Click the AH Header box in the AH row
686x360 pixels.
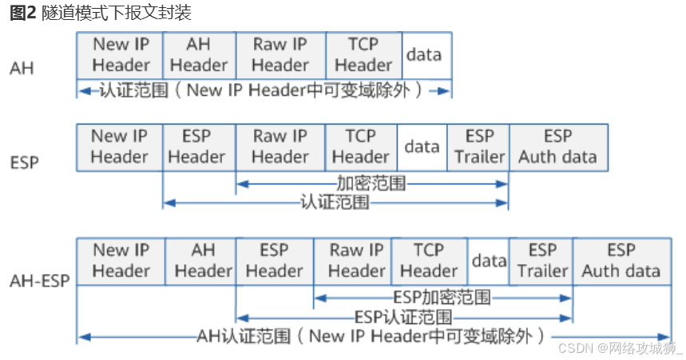tap(199, 55)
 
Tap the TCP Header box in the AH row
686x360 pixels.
tap(363, 55)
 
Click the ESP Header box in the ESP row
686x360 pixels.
tap(198, 147)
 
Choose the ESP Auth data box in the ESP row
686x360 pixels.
tap(557, 147)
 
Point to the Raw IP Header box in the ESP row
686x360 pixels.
tap(280, 147)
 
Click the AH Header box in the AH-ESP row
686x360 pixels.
tap(203, 261)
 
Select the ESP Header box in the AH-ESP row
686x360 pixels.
tap(274, 261)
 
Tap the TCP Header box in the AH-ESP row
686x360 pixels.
tap(429, 261)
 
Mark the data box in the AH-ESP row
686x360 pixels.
tap(489, 261)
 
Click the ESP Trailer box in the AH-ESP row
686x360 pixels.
tap(542, 261)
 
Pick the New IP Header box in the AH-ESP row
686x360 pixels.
tap(121, 261)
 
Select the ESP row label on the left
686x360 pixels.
tap(24, 164)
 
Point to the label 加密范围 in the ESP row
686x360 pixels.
tap(371, 184)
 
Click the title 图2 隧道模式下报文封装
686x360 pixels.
tap(101, 14)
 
